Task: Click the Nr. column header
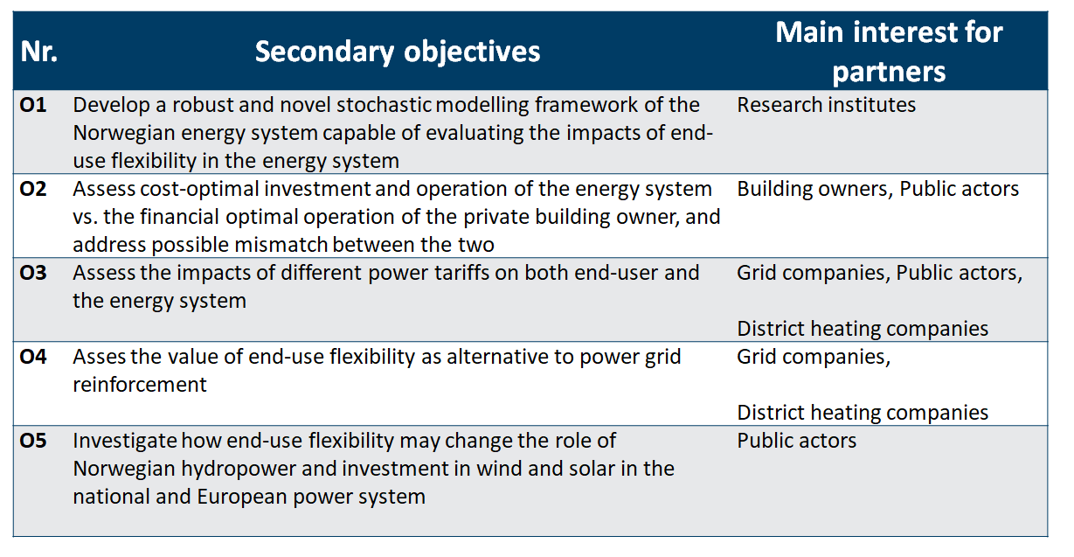(38, 52)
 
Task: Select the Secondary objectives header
(398, 52)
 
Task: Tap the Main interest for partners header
(889, 52)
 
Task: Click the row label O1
(33, 105)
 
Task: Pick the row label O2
(33, 189)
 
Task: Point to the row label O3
(33, 273)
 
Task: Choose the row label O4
(33, 357)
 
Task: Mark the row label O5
(33, 441)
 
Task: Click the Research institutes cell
(826, 105)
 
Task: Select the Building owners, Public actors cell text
(878, 190)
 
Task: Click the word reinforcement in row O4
(140, 385)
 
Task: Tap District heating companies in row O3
(863, 329)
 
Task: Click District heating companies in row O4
(863, 413)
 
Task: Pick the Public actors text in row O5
(796, 441)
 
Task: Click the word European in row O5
(242, 498)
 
